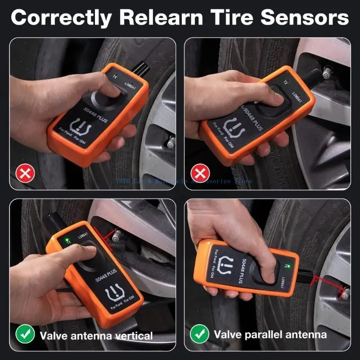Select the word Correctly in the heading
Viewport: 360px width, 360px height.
click(x=60, y=18)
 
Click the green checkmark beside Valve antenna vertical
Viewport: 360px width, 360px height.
click(x=25, y=335)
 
